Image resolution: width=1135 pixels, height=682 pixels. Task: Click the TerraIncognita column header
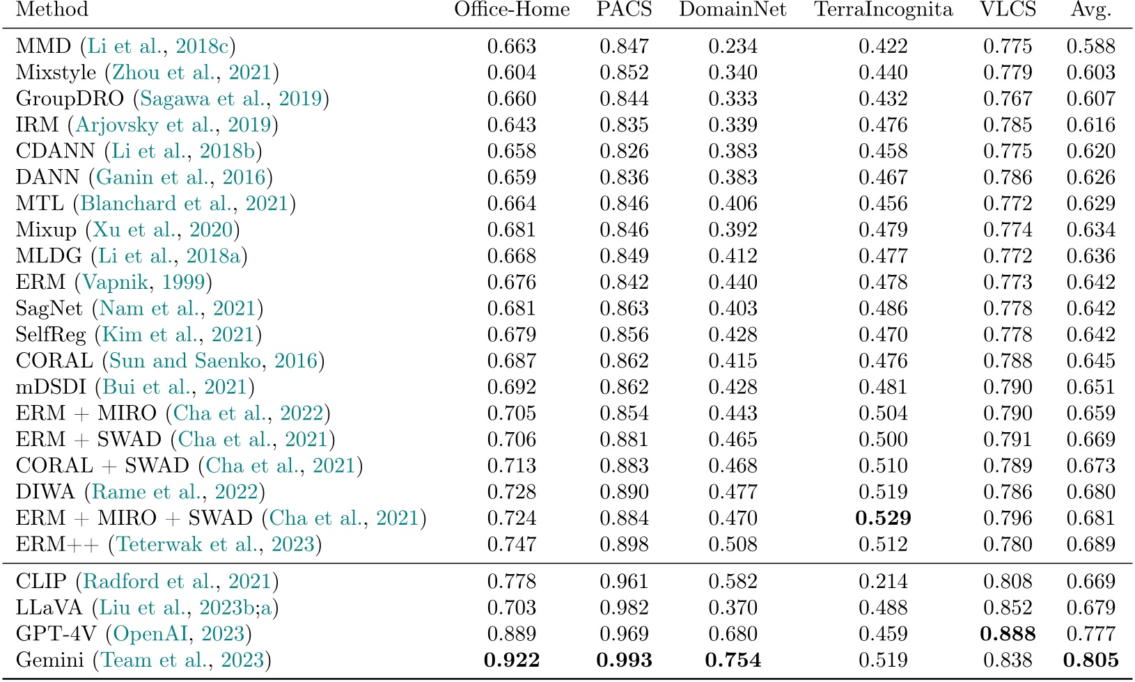pos(883,10)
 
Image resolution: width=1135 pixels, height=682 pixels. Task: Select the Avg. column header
pos(1090,10)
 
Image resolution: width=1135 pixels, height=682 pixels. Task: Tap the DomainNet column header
pos(733,10)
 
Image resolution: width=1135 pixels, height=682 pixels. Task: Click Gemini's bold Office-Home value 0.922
pos(511,660)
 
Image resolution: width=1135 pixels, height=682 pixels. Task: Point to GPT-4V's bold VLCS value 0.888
pos(1007,634)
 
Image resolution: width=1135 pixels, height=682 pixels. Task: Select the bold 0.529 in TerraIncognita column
pos(883,518)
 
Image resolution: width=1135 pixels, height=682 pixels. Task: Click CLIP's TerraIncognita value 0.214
pos(883,581)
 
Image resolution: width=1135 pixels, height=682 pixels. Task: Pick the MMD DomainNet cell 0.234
pos(733,47)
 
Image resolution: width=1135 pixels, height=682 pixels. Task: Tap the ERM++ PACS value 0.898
pos(624,544)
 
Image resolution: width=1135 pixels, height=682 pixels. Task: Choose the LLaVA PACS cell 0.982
pos(624,608)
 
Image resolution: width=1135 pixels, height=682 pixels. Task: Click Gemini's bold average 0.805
pos(1090,660)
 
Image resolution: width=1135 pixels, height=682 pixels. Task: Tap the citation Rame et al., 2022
pos(175,492)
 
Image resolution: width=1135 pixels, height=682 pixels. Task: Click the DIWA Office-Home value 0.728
pos(511,492)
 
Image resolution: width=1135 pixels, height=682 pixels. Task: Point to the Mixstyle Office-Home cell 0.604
pos(511,72)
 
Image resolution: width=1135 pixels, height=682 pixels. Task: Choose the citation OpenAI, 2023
pos(179,634)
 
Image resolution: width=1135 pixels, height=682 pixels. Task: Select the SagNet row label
pos(49,309)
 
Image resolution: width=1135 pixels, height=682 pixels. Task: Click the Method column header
pos(52,10)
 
